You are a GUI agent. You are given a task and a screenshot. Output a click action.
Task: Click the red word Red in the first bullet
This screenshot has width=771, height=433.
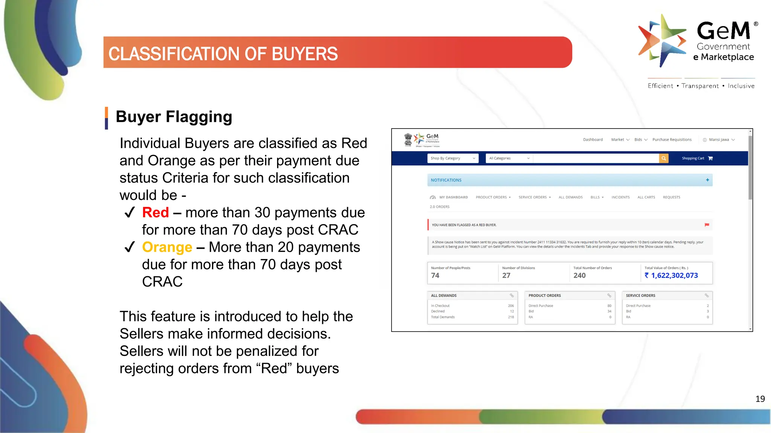click(x=155, y=213)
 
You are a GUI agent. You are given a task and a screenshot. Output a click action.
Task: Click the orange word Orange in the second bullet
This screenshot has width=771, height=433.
click(x=167, y=247)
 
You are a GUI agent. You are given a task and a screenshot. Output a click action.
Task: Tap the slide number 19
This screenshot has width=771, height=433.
click(x=760, y=399)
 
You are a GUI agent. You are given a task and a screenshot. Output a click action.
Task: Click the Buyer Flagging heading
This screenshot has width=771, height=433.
click(x=174, y=117)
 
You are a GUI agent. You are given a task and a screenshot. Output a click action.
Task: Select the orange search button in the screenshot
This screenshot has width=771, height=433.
click(x=664, y=158)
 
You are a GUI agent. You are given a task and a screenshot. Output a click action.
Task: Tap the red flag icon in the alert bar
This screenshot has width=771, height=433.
click(x=707, y=225)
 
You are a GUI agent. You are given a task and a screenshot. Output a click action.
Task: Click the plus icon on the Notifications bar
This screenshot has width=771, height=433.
click(x=707, y=180)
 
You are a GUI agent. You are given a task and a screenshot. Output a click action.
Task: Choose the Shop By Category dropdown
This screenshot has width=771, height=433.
click(x=453, y=158)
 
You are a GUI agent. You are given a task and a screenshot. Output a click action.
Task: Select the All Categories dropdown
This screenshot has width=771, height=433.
click(x=509, y=158)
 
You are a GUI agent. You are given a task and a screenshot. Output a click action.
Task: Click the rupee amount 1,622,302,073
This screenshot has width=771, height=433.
click(x=674, y=276)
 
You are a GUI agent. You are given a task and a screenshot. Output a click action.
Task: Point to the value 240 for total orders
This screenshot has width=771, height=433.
click(x=579, y=276)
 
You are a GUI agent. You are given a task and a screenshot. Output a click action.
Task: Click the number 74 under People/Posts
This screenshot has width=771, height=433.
click(x=435, y=276)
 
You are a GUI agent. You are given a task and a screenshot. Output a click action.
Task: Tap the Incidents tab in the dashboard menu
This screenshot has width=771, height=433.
click(x=620, y=197)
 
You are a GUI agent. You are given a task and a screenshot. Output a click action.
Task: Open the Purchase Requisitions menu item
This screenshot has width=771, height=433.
click(x=672, y=140)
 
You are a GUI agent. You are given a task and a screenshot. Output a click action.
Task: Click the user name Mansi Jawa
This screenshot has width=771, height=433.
click(x=719, y=140)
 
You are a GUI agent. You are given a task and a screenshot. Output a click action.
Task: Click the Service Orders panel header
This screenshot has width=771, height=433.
click(x=640, y=296)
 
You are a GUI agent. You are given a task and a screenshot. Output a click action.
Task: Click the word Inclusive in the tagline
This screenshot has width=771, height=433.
click(x=741, y=86)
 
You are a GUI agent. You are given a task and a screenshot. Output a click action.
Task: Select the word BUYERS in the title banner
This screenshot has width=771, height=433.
click(x=305, y=54)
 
